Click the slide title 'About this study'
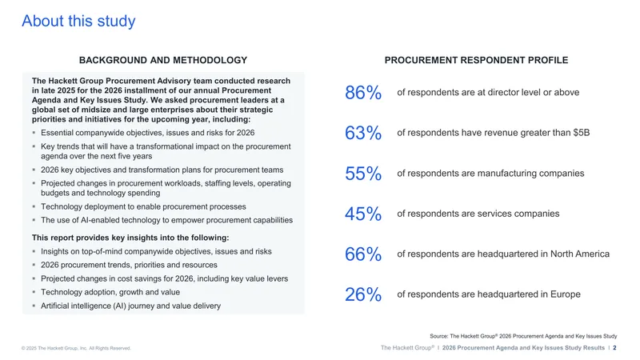click(78, 21)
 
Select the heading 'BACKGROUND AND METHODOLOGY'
click(163, 60)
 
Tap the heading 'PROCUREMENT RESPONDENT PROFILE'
click(476, 60)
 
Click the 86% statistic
click(363, 92)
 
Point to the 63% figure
click(363, 133)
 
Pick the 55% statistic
click(363, 173)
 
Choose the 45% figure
click(363, 214)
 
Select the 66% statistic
click(363, 254)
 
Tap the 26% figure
click(363, 294)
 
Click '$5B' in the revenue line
click(582, 133)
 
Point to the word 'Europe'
click(566, 294)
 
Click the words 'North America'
click(580, 254)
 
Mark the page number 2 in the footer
click(614, 348)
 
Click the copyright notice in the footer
click(76, 348)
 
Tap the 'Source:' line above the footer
click(523, 336)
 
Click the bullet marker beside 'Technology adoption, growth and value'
click(34, 292)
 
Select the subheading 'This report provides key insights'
click(130, 238)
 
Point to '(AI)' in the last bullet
click(119, 306)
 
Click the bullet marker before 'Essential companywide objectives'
click(34, 133)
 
